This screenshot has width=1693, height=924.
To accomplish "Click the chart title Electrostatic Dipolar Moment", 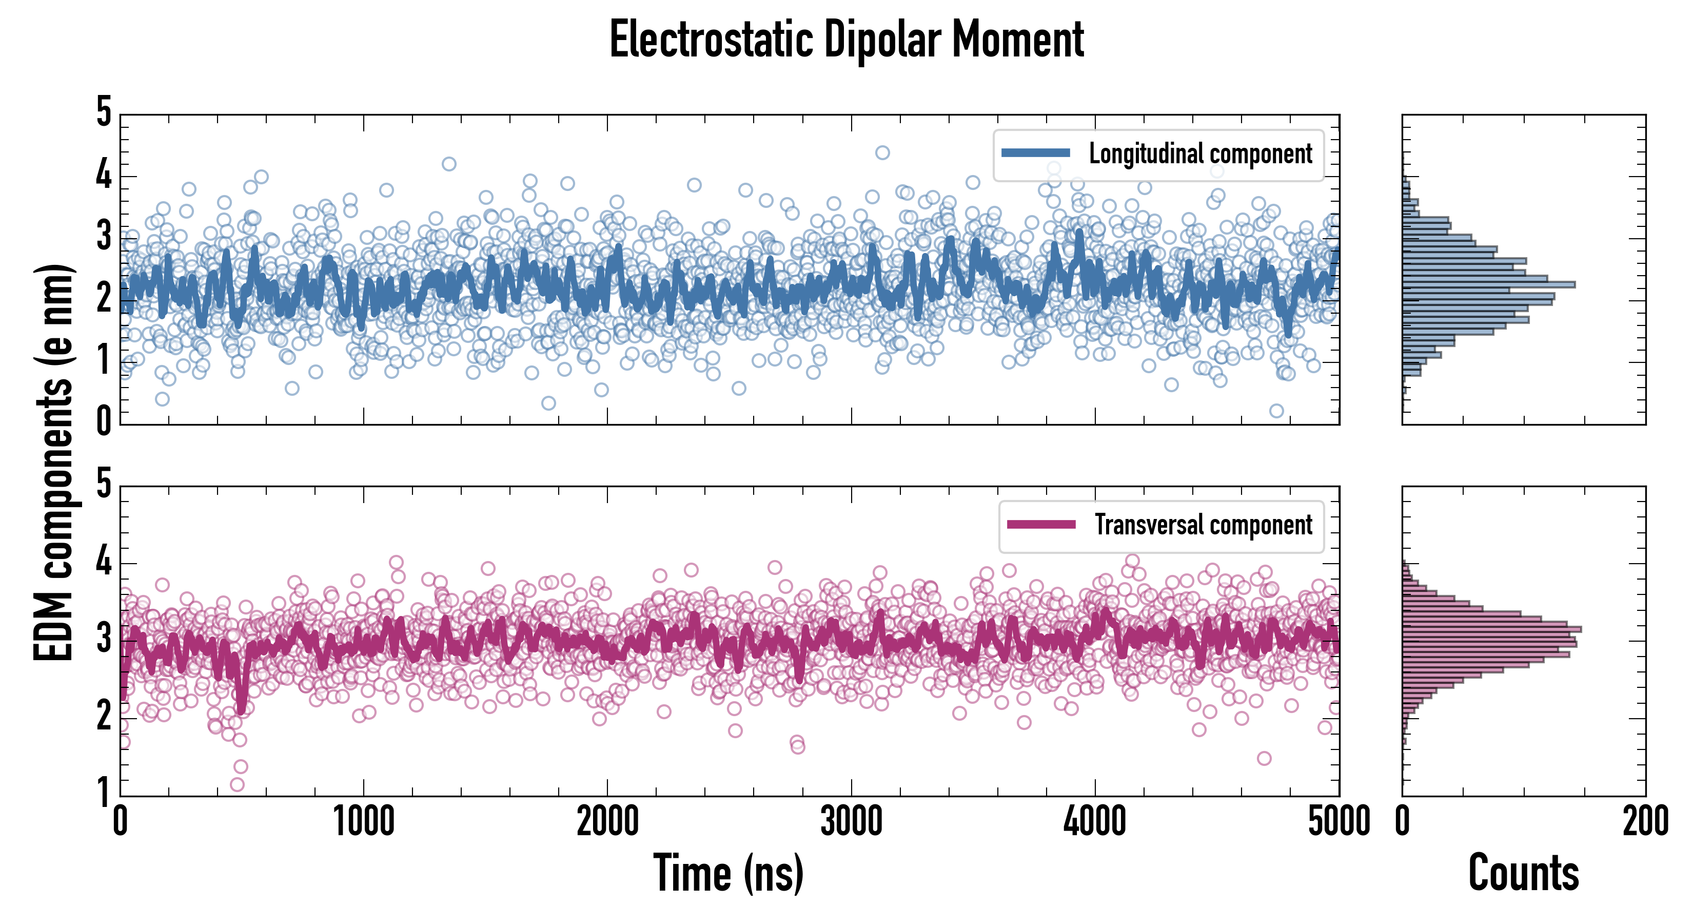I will [x=846, y=41].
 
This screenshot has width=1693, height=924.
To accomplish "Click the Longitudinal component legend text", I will [x=1200, y=154].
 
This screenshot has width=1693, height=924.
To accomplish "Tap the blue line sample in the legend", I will [x=1035, y=153].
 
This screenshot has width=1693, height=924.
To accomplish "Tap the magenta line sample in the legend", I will [x=1041, y=525].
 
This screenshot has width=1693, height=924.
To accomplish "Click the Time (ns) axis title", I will [x=728, y=873].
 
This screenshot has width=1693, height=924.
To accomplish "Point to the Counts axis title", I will [x=1523, y=873].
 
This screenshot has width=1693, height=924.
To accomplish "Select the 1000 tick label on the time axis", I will [x=363, y=822].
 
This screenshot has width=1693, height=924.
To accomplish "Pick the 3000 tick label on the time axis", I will [x=851, y=822].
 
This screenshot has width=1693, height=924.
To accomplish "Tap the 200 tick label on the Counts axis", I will [x=1645, y=822].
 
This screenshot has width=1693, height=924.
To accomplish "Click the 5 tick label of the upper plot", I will [x=104, y=112].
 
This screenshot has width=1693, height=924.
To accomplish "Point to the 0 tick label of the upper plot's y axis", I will [x=104, y=421].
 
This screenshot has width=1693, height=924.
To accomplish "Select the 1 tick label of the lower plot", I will [x=104, y=792].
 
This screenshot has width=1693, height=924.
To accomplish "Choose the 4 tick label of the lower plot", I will [x=104, y=562].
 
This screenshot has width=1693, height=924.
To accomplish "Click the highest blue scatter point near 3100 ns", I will [x=882, y=152].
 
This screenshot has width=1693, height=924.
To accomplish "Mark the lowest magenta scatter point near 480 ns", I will [x=237, y=784].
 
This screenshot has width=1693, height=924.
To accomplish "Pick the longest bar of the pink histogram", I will [x=1492, y=629].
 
